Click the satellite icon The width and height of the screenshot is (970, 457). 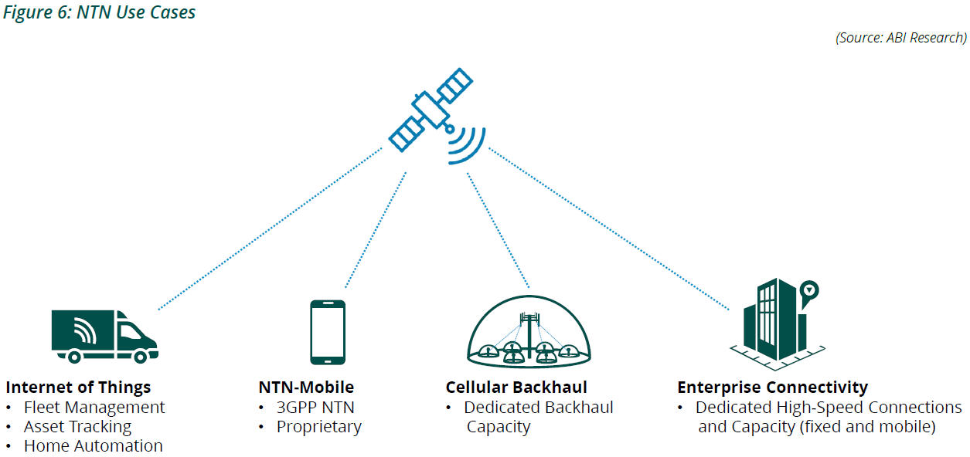click(x=430, y=110)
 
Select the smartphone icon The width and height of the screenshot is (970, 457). click(x=327, y=332)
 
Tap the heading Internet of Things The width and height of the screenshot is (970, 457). click(x=78, y=387)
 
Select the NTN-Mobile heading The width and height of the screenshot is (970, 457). click(x=306, y=387)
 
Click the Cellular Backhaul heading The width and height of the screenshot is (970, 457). click(x=516, y=387)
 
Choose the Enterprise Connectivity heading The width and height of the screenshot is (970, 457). click(x=772, y=387)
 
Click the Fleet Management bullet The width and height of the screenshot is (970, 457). click(x=94, y=407)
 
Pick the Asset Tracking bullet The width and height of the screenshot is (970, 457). click(x=77, y=426)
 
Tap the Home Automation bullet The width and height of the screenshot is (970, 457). click(x=93, y=445)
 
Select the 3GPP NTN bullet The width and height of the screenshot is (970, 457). click(x=315, y=407)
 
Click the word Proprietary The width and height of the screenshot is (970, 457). click(x=318, y=426)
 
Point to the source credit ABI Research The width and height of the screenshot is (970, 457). click(x=900, y=37)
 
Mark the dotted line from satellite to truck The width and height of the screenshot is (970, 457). click(x=271, y=228)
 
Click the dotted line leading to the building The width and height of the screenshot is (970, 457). click(x=611, y=228)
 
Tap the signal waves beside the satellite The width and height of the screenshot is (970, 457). click(x=466, y=143)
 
